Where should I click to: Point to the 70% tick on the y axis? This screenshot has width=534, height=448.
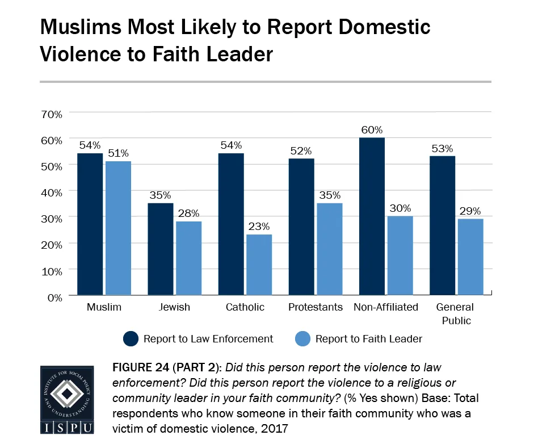tap(51, 114)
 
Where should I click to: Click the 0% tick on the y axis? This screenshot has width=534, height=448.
tap(54, 296)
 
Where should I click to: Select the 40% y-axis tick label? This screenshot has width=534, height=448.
tap(51, 192)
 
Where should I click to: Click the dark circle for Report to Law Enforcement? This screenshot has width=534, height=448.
tap(131, 339)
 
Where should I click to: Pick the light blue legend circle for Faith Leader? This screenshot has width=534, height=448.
tap(302, 339)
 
